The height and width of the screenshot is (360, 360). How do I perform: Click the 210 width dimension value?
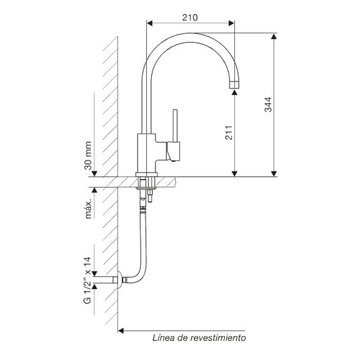click(x=190, y=18)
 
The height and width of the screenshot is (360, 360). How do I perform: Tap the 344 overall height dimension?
click(x=268, y=104)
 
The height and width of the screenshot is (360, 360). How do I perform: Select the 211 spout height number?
click(x=229, y=133)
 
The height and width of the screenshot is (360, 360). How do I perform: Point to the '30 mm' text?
click(x=88, y=155)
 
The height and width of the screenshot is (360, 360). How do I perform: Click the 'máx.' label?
click(x=88, y=210)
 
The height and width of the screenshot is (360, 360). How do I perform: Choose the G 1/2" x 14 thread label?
click(x=87, y=281)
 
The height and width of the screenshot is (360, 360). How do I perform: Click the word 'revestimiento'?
click(x=218, y=337)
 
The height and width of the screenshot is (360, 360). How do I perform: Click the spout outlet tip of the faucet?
click(x=234, y=85)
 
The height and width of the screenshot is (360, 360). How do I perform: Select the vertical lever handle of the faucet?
click(x=175, y=125)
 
